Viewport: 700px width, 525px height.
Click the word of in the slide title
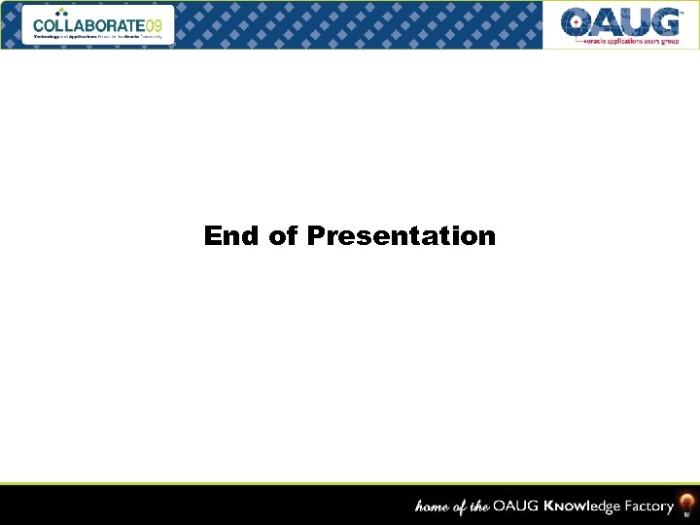click(284, 236)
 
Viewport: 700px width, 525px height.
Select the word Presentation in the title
click(401, 236)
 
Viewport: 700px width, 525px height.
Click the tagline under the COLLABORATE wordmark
click(97, 36)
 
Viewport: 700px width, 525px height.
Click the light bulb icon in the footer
click(686, 504)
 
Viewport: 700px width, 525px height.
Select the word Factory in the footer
click(648, 507)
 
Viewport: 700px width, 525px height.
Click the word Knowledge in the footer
click(580, 507)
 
